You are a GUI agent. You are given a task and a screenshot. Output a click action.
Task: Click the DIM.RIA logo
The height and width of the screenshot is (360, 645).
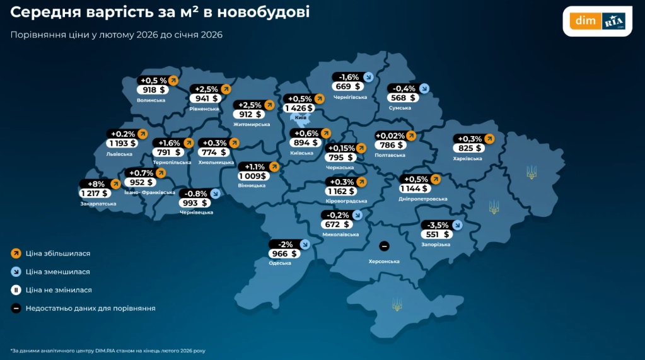coord(596,21)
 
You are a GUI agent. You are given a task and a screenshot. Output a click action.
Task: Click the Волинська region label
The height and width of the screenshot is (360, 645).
coord(151,100)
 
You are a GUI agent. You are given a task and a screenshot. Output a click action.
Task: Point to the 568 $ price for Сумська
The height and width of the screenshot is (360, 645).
coord(403,98)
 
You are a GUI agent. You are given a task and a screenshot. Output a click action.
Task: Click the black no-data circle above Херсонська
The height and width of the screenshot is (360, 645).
coord(384,245)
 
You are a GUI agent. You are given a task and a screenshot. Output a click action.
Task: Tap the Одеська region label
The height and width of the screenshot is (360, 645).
coord(281,264)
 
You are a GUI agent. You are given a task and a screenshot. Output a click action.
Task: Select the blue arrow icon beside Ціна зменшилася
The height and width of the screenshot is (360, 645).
coord(16,272)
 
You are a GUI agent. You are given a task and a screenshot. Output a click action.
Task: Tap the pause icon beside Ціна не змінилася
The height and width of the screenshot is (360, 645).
coord(16,290)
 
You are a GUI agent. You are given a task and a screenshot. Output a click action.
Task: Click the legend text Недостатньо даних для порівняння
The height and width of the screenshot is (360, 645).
coord(91,308)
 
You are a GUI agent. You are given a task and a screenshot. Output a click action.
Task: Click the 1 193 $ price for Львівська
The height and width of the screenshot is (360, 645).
coord(123,143)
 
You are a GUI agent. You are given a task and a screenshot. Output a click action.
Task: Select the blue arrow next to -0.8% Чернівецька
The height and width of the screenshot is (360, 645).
coord(216,194)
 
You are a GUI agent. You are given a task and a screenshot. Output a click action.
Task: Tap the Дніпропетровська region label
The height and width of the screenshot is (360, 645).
coord(424,199)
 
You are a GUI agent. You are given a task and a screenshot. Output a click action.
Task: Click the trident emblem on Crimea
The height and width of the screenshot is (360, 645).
coord(397,305)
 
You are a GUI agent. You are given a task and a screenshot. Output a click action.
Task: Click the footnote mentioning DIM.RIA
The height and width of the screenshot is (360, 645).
coord(107,351)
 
